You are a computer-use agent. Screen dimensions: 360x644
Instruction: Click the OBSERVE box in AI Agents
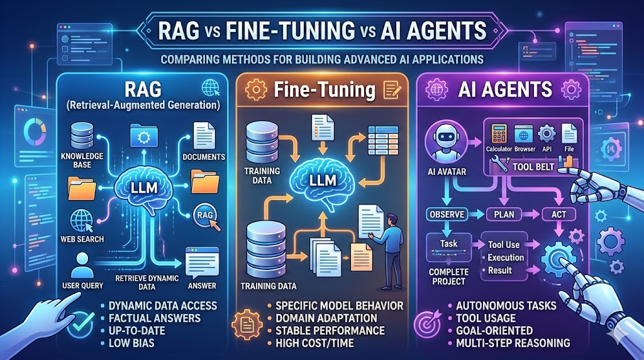tap(446, 215)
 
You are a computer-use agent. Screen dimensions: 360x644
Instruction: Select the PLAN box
tap(504, 215)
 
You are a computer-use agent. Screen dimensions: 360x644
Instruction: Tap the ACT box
tap(558, 215)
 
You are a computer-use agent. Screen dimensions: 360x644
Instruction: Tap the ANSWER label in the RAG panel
tap(202, 285)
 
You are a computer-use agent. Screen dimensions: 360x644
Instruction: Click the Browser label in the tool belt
tap(525, 149)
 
